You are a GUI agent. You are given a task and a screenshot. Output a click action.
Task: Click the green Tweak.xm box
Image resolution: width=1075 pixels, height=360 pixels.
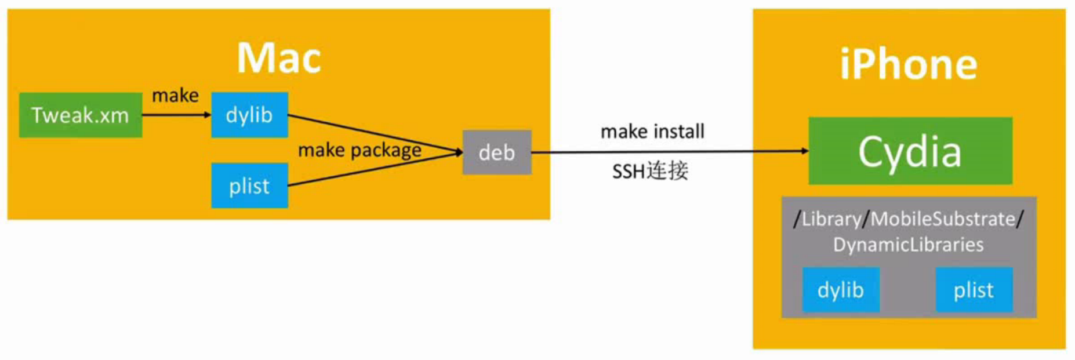point(80,115)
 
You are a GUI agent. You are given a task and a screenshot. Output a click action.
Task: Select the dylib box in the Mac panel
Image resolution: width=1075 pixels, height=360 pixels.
point(249,115)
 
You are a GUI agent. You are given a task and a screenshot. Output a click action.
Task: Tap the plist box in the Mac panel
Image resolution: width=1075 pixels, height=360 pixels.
point(249,186)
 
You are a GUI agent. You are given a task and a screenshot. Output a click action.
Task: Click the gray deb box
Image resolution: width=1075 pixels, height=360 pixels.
point(497,152)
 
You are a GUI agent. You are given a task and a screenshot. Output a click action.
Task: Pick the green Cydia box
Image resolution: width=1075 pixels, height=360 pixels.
point(910,151)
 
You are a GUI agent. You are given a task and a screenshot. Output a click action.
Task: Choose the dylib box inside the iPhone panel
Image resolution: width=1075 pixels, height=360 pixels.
point(841,290)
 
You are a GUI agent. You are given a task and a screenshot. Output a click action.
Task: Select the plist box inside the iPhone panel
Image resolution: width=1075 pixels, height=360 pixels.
point(974,290)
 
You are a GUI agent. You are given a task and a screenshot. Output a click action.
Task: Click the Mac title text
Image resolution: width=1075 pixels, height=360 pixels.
point(279,58)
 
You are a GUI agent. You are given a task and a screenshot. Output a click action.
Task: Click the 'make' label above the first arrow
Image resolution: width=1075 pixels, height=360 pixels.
point(175,95)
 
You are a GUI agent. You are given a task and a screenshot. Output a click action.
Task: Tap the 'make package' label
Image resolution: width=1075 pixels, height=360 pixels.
point(359,150)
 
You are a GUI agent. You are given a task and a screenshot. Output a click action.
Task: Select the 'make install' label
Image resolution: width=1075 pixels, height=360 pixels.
point(652,132)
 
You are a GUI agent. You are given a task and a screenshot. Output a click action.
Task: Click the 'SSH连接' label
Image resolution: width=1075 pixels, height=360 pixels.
point(650,171)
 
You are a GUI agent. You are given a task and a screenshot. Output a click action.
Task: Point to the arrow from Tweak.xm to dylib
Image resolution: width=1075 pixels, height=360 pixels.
point(176,115)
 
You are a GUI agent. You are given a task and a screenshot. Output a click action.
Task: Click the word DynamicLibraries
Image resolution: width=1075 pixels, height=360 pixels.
point(908,245)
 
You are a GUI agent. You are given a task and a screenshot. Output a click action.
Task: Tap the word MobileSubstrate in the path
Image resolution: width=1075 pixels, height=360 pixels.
point(943,219)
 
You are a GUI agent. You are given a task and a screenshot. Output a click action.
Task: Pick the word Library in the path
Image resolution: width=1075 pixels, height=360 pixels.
point(831,219)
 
